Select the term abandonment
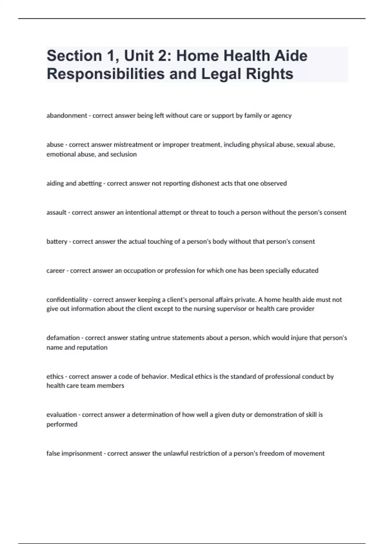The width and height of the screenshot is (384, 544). pos(67,116)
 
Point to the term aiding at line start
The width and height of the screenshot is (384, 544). pos(55,183)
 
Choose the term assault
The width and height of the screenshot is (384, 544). pos(56,212)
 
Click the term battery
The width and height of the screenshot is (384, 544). pos(57,242)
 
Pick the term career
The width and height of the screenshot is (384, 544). pos(55,271)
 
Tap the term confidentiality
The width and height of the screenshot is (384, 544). pos(67,300)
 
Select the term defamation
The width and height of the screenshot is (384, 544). pos(63,338)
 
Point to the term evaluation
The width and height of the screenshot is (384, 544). pos(61,415)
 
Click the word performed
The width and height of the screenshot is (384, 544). pos(62,424)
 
